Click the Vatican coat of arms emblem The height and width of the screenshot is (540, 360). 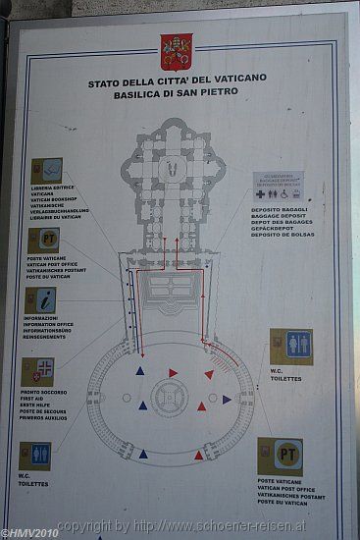click(177, 51)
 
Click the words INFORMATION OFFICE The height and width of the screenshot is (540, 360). click(56, 325)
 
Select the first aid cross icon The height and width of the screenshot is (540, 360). click(38, 371)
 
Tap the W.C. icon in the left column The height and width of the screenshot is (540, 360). click(35, 456)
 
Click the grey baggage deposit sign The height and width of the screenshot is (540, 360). click(278, 187)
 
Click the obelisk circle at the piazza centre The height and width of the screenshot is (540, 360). click(171, 397)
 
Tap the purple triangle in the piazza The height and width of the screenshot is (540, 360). click(227, 400)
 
